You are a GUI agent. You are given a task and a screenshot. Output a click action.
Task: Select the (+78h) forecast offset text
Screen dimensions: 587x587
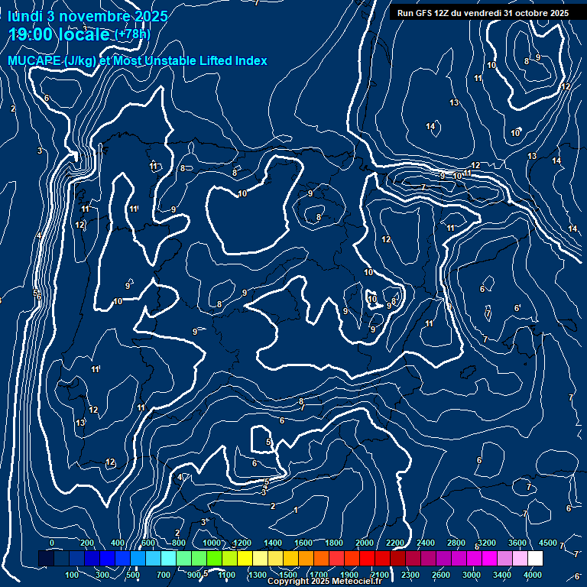pyautogui.click(x=132, y=34)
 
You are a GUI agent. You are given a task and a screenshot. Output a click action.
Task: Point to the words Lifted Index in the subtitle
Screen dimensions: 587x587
pyautogui.click(x=228, y=60)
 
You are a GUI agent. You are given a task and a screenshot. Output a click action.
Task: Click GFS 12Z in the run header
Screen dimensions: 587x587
pyautogui.click(x=435, y=13)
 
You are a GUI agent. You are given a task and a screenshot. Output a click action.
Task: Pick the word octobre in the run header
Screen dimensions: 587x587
pyautogui.click(x=527, y=13)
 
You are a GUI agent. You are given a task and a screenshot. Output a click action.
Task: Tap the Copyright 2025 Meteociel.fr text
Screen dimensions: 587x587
pyautogui.click(x=324, y=582)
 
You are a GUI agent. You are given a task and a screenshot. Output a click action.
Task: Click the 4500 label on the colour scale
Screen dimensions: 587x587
pyautogui.click(x=547, y=543)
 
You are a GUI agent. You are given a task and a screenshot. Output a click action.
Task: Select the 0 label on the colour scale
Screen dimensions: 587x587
pyautogui.click(x=52, y=543)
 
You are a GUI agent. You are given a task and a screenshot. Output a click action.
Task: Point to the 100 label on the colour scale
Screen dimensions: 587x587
pyautogui.click(x=73, y=575)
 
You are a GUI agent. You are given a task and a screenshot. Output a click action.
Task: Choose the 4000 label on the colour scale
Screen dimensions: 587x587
pyautogui.click(x=533, y=575)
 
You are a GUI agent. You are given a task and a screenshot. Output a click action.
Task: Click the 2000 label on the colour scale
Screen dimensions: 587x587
pyautogui.click(x=365, y=543)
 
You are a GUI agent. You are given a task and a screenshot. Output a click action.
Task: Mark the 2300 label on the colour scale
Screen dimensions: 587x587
pyautogui.click(x=410, y=575)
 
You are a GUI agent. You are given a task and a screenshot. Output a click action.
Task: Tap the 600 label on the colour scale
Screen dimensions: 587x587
pyautogui.click(x=148, y=543)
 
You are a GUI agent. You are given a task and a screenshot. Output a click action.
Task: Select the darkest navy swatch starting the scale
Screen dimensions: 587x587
pyautogui.click(x=46, y=559)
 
